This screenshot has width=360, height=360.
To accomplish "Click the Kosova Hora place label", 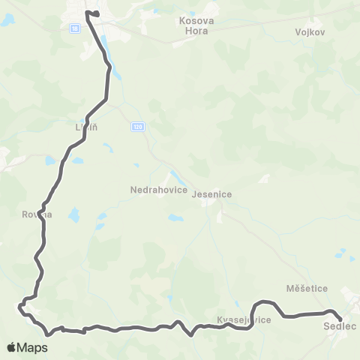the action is point(197,20).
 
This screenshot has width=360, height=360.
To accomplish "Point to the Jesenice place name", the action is point(212,194).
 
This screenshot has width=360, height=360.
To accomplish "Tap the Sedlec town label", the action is point(340,327).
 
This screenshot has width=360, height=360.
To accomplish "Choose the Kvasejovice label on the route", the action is point(243,320).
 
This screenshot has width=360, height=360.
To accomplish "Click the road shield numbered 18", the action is point(75,28).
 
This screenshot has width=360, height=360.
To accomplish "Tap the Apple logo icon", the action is point(12,347).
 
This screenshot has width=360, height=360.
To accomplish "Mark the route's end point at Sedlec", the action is point(340,320).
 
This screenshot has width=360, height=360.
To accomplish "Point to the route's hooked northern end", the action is point(96,13).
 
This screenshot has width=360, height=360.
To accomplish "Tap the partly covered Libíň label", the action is point(86,127).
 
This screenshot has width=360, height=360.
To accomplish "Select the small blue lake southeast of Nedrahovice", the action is point(174,218).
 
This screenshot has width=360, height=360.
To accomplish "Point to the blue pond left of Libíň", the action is point(49,160).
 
